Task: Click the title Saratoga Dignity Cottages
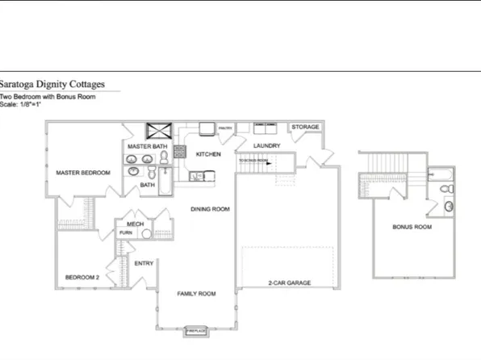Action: point(52,83)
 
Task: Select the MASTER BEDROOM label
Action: point(82,172)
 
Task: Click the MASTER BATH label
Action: point(147,146)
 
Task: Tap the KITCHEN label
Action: point(208,153)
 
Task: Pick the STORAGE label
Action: point(305,128)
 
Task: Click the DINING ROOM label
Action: point(210,209)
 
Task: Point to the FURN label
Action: point(126,232)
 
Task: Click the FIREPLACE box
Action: point(195,330)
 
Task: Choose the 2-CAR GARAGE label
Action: point(289,283)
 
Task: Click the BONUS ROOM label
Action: point(412,228)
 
